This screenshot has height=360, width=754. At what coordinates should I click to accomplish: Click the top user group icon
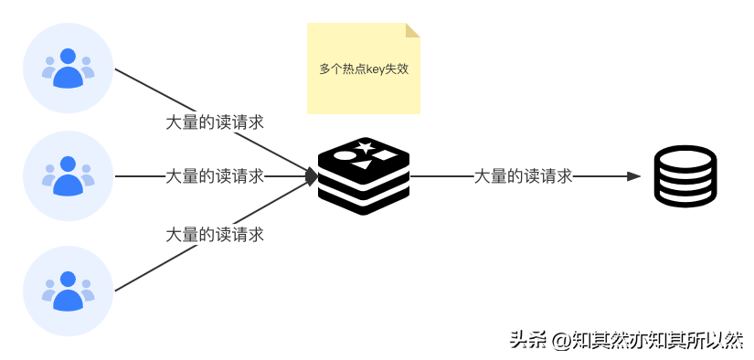(68, 69)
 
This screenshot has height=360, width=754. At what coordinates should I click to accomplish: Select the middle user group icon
(68, 175)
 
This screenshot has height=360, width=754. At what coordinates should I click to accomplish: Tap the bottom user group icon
(68, 291)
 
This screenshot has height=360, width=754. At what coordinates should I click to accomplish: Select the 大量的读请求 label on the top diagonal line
(215, 122)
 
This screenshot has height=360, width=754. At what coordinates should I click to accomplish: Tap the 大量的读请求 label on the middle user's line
(215, 176)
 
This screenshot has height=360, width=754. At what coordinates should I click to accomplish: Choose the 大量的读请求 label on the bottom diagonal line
(215, 235)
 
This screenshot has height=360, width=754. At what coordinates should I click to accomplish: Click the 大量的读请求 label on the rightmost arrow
(523, 176)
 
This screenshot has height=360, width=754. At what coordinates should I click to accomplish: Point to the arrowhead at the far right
(634, 176)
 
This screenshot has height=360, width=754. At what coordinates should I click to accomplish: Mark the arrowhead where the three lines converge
(313, 176)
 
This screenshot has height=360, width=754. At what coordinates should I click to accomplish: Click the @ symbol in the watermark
(558, 339)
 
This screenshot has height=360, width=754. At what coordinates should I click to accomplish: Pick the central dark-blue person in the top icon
(67, 69)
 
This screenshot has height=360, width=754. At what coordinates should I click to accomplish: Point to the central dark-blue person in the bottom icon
(67, 291)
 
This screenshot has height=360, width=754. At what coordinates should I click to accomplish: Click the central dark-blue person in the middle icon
(67, 176)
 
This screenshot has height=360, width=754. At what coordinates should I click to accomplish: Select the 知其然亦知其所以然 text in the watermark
(657, 338)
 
